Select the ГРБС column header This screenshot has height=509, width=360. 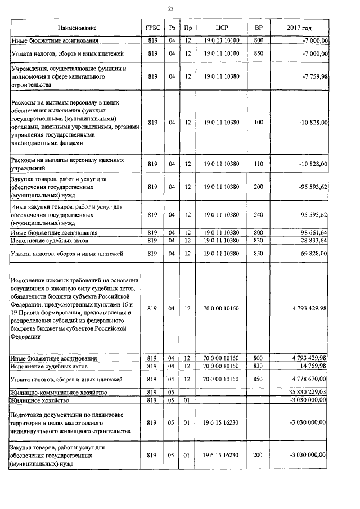(151, 28)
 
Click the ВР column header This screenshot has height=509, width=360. (258, 28)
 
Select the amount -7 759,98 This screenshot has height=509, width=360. (313, 76)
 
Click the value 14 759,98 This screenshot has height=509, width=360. (313, 366)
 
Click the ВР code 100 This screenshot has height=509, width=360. (258, 121)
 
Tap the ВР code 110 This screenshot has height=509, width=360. (258, 164)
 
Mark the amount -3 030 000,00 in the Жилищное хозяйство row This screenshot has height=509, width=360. (309, 400)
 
